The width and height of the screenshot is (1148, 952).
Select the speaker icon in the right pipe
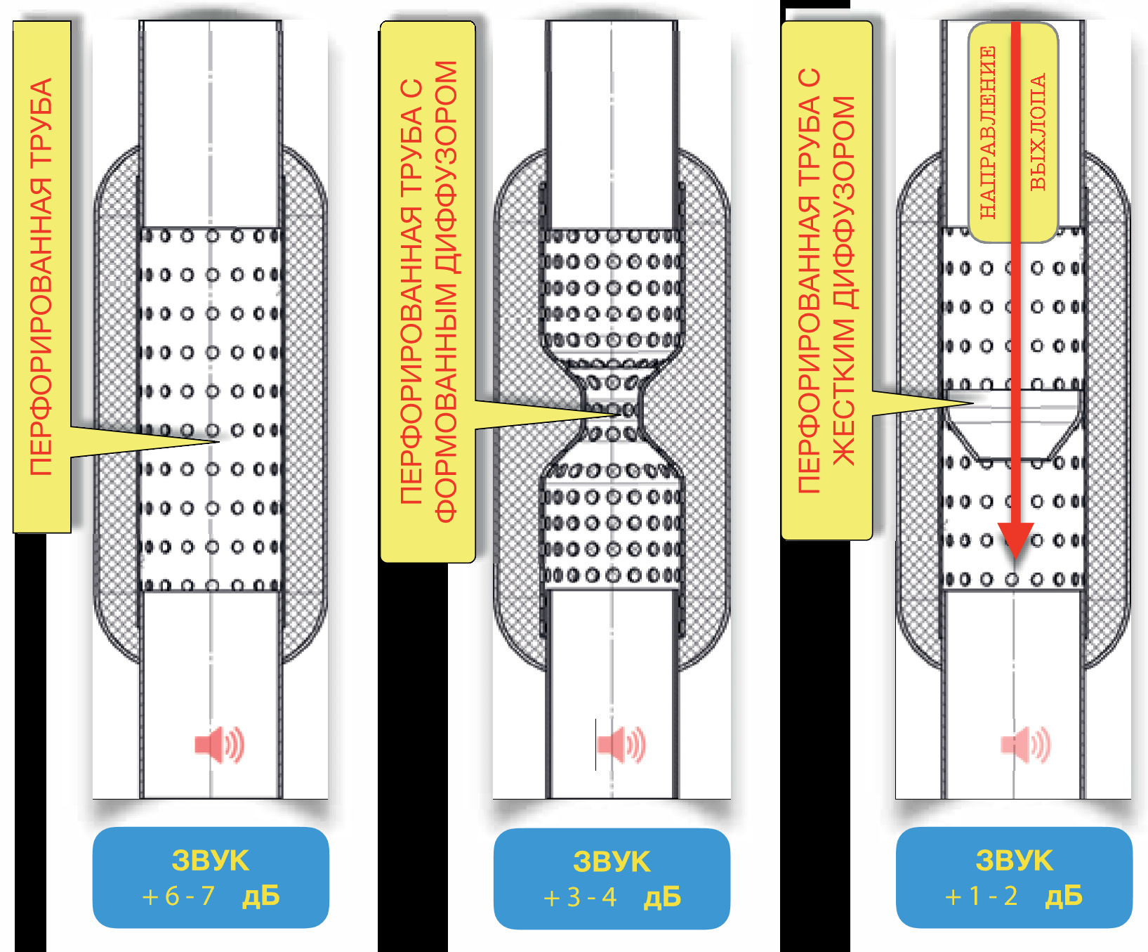tap(1026, 745)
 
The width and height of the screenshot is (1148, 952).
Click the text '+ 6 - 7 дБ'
tap(211, 896)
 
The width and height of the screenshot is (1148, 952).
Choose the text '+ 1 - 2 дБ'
tap(1014, 896)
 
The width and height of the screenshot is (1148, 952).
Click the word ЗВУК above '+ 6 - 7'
tap(211, 861)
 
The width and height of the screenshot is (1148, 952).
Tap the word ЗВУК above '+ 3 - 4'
tap(612, 861)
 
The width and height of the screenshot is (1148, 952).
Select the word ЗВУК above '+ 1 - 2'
tap(1015, 861)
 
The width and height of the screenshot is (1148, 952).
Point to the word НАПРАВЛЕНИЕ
tap(987, 132)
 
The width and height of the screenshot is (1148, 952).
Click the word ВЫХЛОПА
tap(1038, 132)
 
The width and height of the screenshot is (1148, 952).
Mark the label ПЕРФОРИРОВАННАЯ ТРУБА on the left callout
tap(41, 277)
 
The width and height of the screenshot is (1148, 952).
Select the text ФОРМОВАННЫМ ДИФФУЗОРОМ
tap(446, 292)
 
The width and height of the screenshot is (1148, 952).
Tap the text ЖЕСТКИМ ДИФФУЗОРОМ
tap(844, 281)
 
